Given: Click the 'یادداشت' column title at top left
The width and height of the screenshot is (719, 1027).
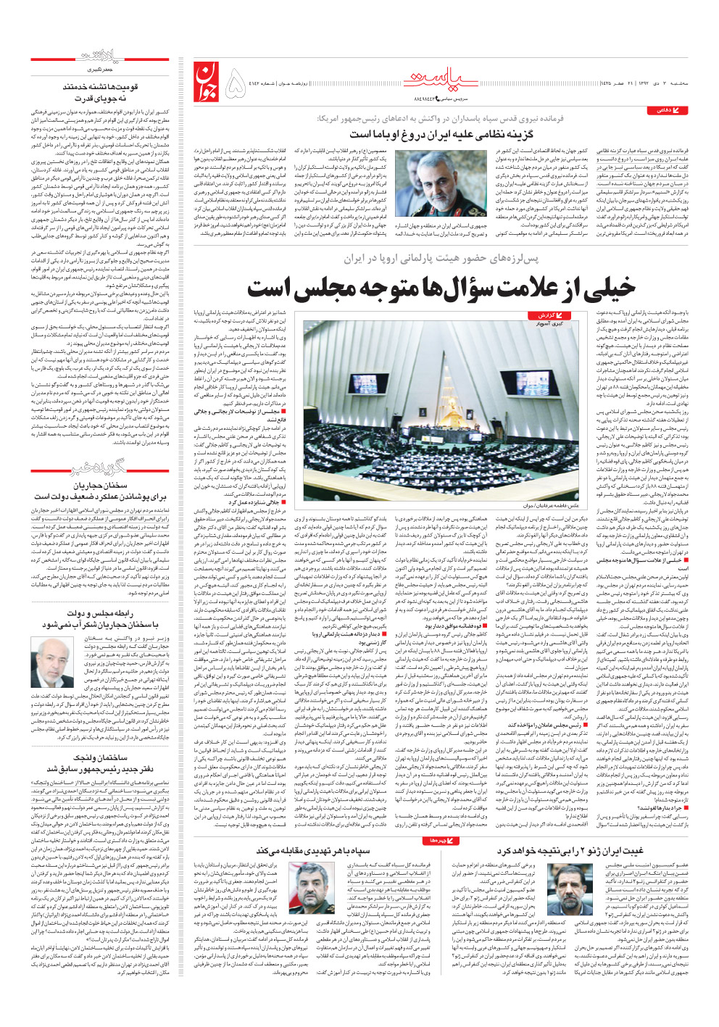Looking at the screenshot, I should click(x=100, y=57).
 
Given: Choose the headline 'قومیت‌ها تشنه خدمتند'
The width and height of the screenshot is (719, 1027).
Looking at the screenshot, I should click(x=99, y=87).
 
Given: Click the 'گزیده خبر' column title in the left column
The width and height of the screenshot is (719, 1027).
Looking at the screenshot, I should click(x=100, y=468).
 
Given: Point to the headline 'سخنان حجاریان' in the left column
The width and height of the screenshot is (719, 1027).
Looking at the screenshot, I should click(x=100, y=486).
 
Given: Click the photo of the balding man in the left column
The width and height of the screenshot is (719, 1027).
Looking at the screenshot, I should click(x=56, y=662).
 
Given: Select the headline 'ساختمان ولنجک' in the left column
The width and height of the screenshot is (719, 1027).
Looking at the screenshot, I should click(x=100, y=757).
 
